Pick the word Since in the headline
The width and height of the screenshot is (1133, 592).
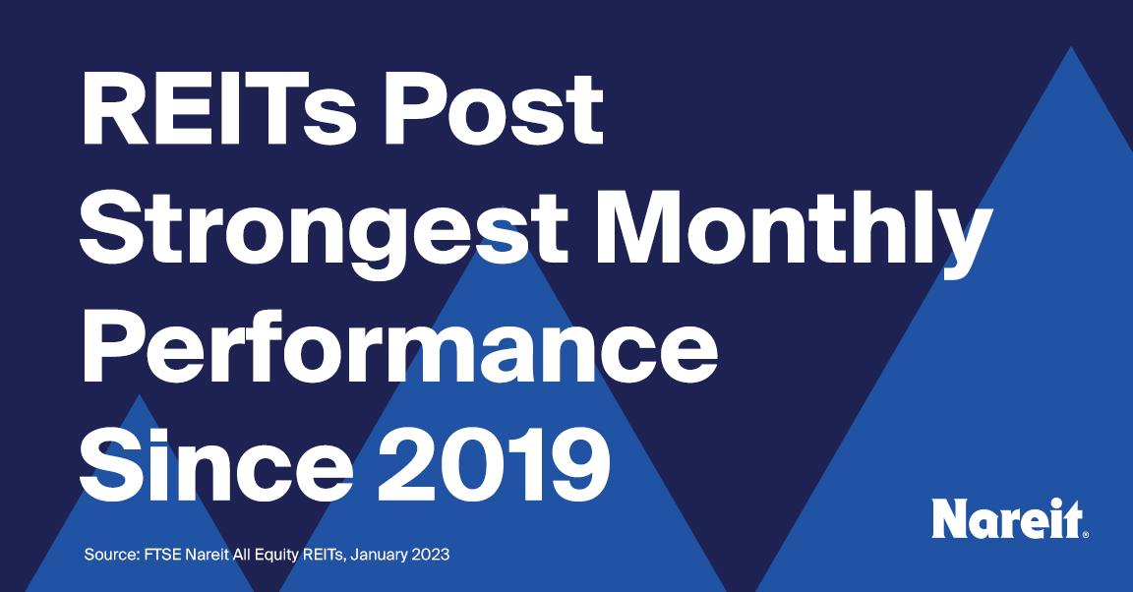click(216, 465)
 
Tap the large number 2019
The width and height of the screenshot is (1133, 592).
click(495, 465)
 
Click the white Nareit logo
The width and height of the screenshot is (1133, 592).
click(1009, 518)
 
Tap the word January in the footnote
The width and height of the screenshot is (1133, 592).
click(380, 556)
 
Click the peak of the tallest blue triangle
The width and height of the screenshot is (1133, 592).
click(1070, 47)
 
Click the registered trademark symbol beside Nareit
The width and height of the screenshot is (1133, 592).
click(1085, 535)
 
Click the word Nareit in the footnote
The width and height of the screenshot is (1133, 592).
click(208, 556)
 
